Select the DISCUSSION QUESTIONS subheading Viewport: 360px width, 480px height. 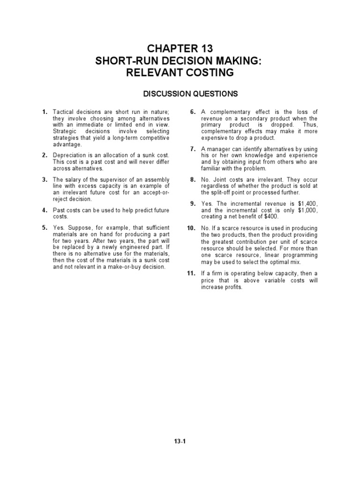[x=190, y=94]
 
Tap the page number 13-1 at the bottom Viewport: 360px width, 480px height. [x=180, y=441]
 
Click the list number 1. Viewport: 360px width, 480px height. [x=45, y=112]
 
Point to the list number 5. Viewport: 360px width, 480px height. [x=45, y=228]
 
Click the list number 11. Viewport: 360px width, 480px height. [x=191, y=273]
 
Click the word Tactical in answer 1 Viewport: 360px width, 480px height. [x=63, y=112]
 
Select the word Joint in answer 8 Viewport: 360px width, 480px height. [x=219, y=180]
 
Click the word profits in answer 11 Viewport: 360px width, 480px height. [x=233, y=287]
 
